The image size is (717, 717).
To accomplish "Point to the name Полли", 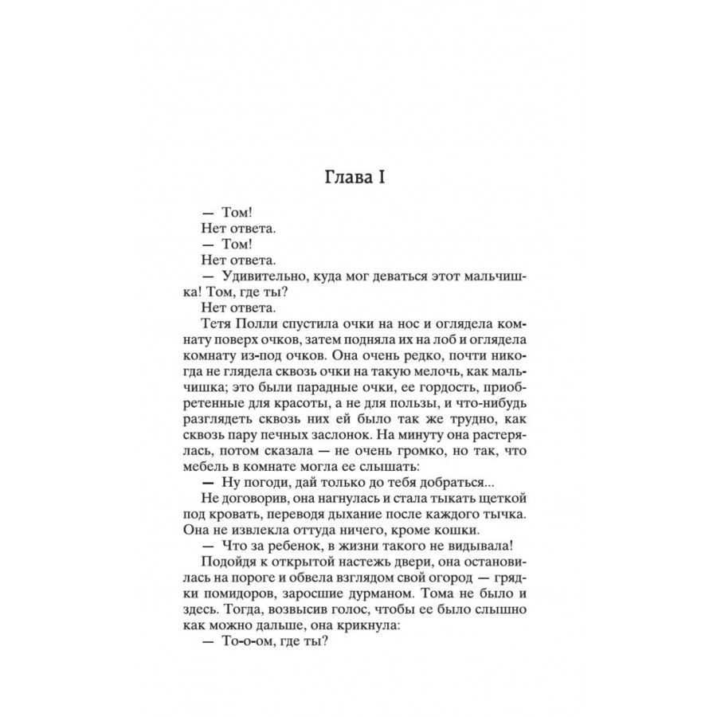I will (x=253, y=323).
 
